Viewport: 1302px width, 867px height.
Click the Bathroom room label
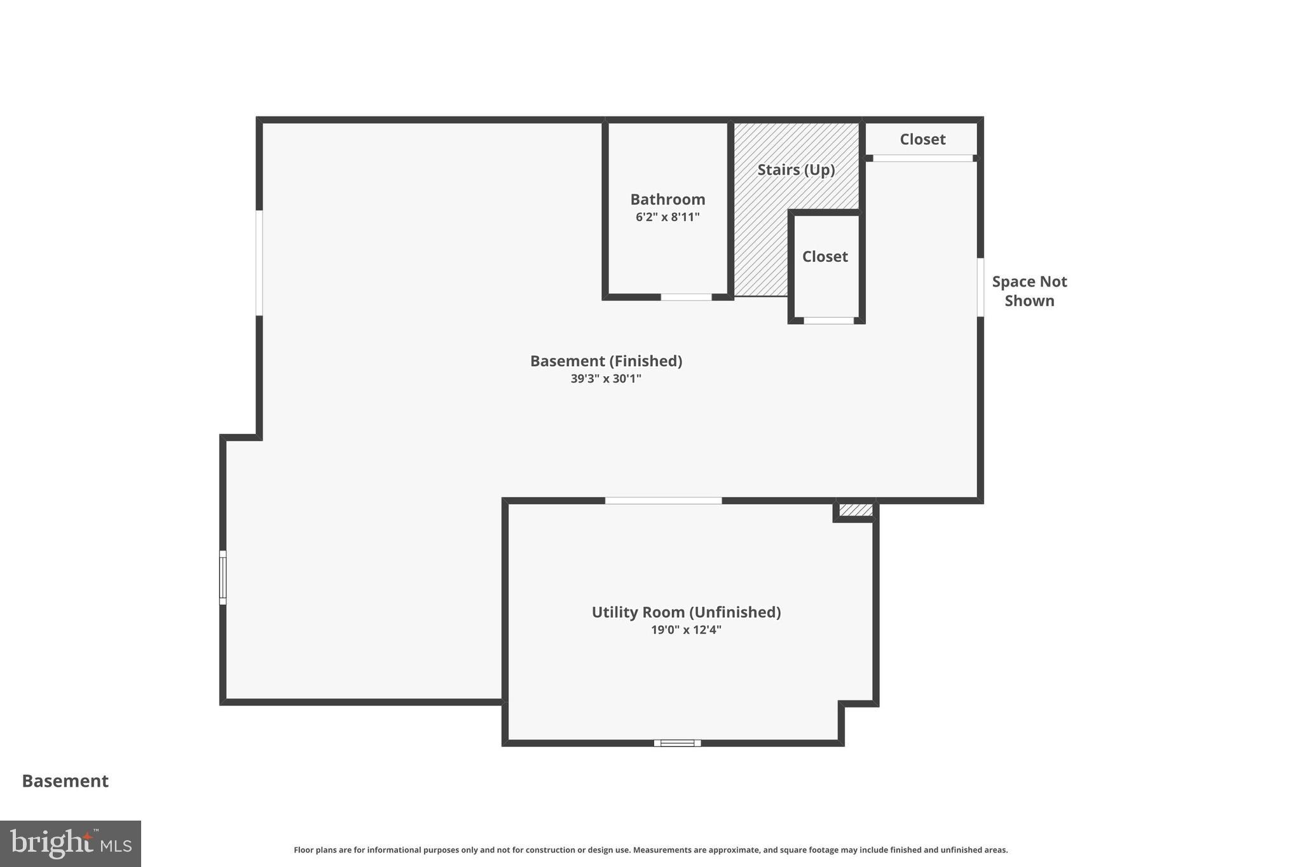(668, 200)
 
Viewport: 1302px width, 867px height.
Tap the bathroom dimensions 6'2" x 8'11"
(668, 217)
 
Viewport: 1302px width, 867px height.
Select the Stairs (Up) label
(796, 170)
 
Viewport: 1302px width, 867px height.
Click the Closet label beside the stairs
(825, 257)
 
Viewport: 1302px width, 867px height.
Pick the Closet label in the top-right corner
(922, 139)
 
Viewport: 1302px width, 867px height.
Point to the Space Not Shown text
(1029, 291)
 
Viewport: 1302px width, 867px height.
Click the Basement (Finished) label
(606, 361)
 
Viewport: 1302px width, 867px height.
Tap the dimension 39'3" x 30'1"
(606, 379)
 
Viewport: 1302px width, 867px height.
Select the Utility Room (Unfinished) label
(686, 612)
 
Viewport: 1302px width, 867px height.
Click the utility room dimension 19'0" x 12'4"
(686, 630)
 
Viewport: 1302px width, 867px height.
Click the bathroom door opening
(686, 297)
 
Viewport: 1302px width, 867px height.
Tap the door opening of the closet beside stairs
(828, 320)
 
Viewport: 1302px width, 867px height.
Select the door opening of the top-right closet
(922, 158)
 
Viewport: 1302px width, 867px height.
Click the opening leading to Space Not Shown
(980, 287)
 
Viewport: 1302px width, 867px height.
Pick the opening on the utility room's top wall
(663, 501)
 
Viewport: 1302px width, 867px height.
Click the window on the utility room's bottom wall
(677, 742)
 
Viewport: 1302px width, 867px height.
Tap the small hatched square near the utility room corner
(856, 510)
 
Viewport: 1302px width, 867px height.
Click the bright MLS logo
(71, 843)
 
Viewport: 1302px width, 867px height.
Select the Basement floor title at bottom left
(65, 781)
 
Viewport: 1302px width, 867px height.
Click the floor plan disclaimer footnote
(650, 850)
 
